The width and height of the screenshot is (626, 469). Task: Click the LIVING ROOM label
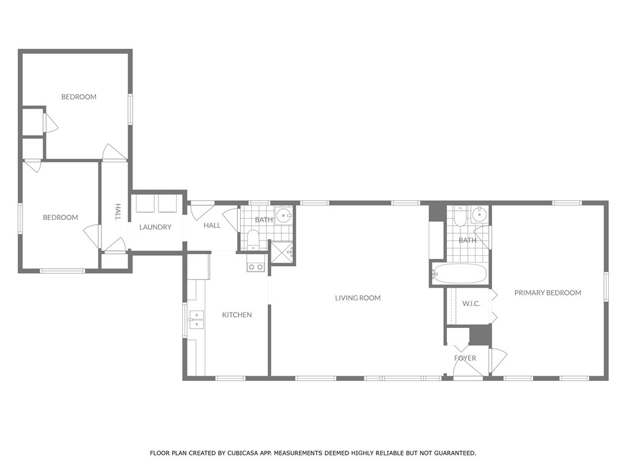pyautogui.click(x=358, y=298)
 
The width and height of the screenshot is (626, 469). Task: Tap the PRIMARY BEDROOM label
pyautogui.click(x=548, y=293)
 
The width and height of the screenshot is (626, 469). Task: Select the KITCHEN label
pyautogui.click(x=237, y=314)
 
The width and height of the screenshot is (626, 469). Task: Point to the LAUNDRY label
pyautogui.click(x=155, y=227)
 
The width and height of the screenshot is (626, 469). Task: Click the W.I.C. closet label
pyautogui.click(x=471, y=304)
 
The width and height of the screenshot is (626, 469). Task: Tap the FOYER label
pyautogui.click(x=465, y=358)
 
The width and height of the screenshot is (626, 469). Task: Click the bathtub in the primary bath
pyautogui.click(x=460, y=274)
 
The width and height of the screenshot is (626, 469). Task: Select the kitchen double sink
pyautogui.click(x=196, y=320)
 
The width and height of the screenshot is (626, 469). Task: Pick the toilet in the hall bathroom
pyautogui.click(x=253, y=239)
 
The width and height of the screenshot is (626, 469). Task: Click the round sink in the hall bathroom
pyautogui.click(x=284, y=216)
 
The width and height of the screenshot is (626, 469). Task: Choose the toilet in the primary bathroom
pyautogui.click(x=460, y=216)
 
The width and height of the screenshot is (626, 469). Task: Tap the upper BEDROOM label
pyautogui.click(x=79, y=97)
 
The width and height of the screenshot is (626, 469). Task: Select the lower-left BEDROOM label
pyautogui.click(x=61, y=217)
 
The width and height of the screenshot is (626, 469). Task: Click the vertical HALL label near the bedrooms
pyautogui.click(x=118, y=212)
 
